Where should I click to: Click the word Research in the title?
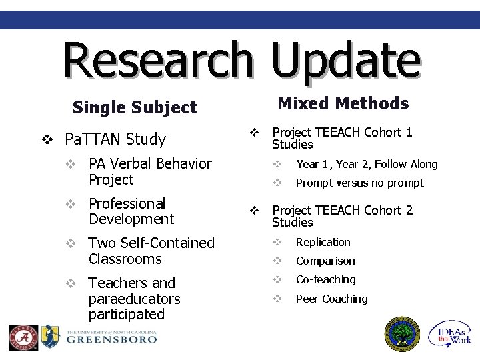pyautogui.click(x=158, y=59)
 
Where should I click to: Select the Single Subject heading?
pyautogui.click(x=135, y=107)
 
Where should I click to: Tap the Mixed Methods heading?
pyautogui.click(x=343, y=103)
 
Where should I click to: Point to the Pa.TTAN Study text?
pyautogui.click(x=115, y=139)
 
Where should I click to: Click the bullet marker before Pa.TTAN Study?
pyautogui.click(x=47, y=140)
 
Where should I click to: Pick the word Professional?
pyautogui.click(x=127, y=203)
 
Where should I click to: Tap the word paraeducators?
pyautogui.click(x=134, y=299)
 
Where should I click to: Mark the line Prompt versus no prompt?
pyautogui.click(x=359, y=183)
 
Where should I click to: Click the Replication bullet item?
pyautogui.click(x=323, y=243)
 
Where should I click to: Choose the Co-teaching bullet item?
pyautogui.click(x=325, y=280)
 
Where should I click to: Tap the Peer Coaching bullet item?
pyautogui.click(x=331, y=299)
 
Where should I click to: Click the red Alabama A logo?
pyautogui.click(x=23, y=337)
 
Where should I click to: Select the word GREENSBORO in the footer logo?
pyautogui.click(x=111, y=339)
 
